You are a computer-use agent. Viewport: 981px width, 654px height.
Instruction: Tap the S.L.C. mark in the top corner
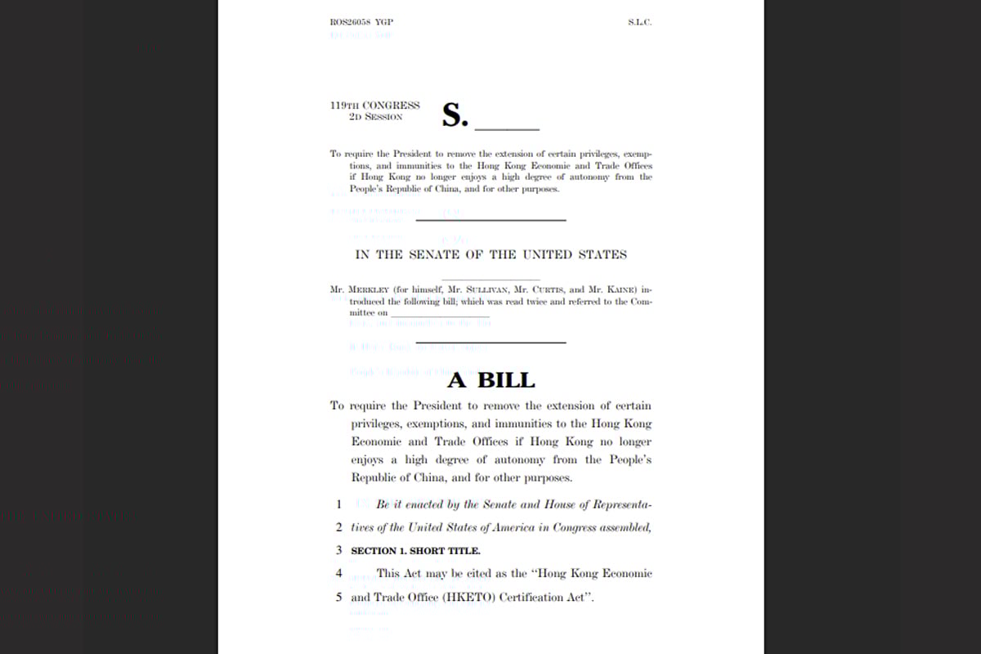(639, 22)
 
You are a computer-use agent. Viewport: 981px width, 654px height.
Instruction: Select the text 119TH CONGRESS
(375, 105)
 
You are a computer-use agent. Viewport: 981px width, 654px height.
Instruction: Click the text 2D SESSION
(375, 117)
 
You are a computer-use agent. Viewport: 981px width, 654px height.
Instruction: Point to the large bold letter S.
(454, 115)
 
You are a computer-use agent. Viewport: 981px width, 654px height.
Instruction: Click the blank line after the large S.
(507, 129)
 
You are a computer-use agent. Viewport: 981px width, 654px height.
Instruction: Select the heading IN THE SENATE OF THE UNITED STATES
(490, 254)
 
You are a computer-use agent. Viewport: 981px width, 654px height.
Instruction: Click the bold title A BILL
(490, 380)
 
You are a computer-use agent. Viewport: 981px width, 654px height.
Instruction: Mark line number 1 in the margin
(338, 504)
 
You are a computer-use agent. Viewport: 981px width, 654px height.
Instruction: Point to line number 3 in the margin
(338, 551)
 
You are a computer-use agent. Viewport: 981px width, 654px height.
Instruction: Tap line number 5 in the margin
(338, 597)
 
